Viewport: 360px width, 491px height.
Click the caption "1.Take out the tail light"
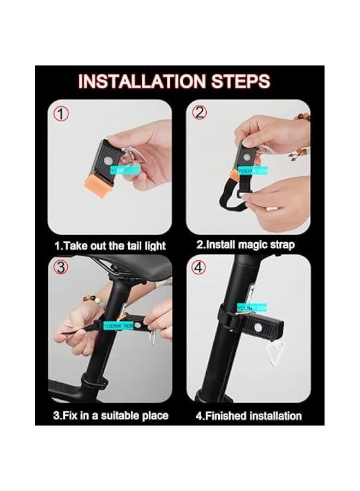coord(110,245)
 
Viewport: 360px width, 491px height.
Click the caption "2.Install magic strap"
coord(246,245)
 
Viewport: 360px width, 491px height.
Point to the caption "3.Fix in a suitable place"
coord(111,416)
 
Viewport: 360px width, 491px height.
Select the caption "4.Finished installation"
coord(249,416)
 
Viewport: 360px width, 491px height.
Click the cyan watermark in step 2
coord(255,171)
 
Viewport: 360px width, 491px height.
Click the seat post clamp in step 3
coord(96,380)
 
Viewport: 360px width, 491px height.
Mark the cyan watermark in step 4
coord(251,307)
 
